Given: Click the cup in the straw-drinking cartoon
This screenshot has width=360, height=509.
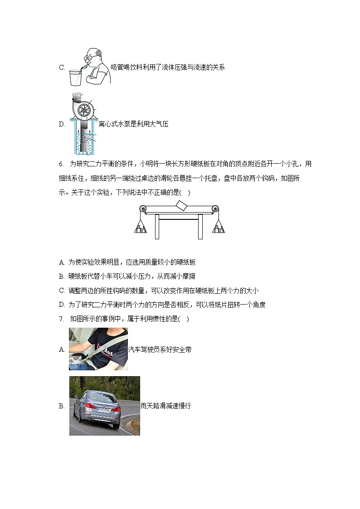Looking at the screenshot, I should (x=76, y=77).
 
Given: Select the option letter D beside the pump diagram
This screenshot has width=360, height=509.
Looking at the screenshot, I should (x=62, y=124).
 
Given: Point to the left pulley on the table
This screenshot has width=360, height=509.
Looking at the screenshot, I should (x=143, y=209).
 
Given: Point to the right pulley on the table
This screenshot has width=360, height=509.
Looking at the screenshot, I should (x=215, y=209).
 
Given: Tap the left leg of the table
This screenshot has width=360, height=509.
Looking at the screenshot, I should (x=157, y=226).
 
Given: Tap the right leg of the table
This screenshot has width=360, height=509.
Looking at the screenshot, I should (x=200, y=226).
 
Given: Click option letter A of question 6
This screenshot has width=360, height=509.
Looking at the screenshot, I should (x=61, y=262).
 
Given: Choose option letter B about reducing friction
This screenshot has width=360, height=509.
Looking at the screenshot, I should (x=61, y=276).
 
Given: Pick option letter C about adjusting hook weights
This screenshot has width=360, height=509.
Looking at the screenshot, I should (x=62, y=291).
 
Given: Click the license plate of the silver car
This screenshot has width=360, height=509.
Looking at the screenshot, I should (x=103, y=409).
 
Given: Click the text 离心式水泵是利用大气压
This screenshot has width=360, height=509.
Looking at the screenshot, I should (x=133, y=124).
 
